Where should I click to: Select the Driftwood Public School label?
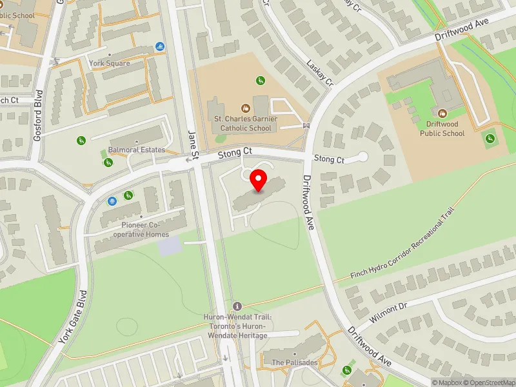(442, 128)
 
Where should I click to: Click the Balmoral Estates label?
(137, 150)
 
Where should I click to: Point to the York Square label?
(110, 63)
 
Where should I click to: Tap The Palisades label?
(294, 362)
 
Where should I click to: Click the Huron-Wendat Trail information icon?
(237, 306)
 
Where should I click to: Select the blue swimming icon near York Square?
(159, 47)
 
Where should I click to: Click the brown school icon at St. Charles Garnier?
(245, 108)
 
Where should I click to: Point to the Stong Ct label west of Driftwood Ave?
(233, 153)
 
